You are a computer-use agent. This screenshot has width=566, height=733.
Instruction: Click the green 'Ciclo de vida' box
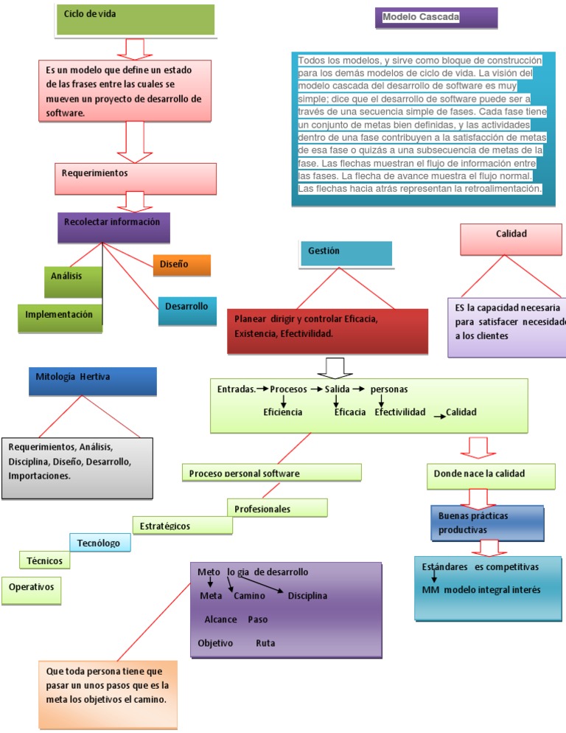click(136, 20)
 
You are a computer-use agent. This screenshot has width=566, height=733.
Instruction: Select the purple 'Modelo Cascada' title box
click(436, 18)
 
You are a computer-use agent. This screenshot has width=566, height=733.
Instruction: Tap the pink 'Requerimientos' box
click(136, 178)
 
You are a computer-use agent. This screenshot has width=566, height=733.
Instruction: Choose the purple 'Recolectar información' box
click(113, 228)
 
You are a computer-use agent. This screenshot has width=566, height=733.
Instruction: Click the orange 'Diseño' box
click(182, 265)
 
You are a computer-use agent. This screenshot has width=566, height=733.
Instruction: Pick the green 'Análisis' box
click(73, 282)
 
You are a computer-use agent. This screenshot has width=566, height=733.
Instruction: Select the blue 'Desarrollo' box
click(187, 311)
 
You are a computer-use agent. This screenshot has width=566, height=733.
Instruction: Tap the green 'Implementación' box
click(60, 319)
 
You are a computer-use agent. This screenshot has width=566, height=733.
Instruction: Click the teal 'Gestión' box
click(346, 254)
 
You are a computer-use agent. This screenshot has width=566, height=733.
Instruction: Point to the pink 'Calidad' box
click(511, 240)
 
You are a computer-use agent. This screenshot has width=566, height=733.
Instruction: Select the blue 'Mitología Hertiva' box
click(93, 381)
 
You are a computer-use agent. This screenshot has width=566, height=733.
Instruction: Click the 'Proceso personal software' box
click(271, 472)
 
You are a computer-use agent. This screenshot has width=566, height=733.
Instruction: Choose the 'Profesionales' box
click(277, 507)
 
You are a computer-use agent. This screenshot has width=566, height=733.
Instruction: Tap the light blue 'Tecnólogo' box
click(100, 543)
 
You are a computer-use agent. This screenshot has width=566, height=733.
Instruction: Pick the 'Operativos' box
click(31, 591)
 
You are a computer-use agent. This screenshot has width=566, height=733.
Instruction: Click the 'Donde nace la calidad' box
click(491, 476)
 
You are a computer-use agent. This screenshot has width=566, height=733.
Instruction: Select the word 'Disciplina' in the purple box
click(307, 596)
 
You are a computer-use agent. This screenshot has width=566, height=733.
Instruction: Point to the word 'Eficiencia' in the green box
click(283, 411)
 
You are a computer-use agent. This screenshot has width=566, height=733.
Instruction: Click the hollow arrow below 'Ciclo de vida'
click(135, 49)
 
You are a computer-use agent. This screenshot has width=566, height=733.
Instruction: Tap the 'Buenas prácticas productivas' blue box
click(487, 523)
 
